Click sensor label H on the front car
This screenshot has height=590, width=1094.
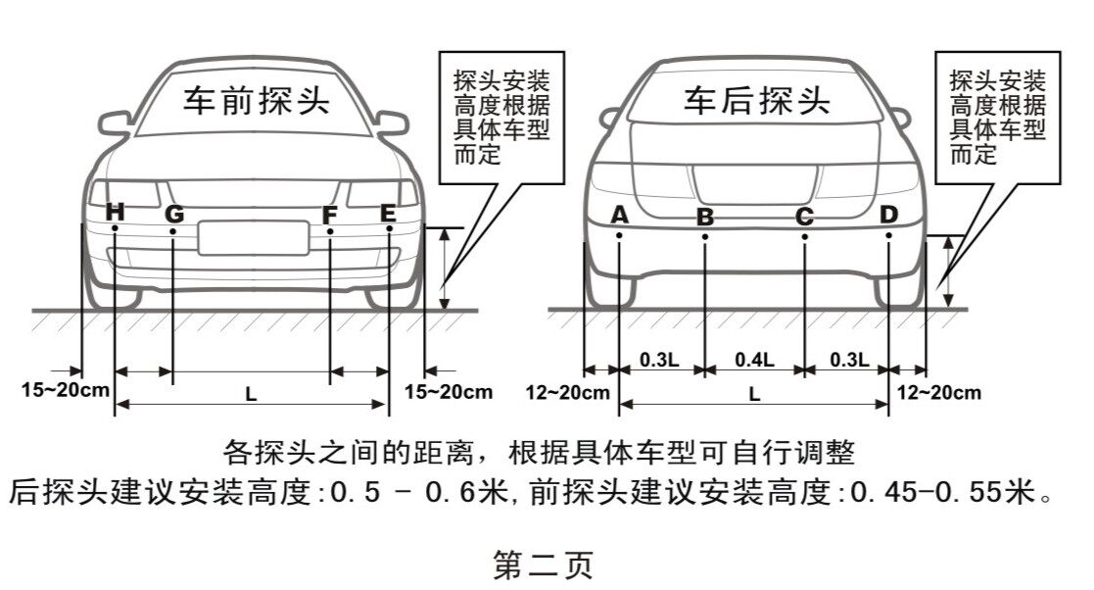116,211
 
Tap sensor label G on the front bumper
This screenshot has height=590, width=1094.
173,214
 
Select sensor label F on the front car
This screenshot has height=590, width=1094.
330,215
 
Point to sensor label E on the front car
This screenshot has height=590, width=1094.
389,213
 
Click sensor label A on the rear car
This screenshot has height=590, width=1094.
620,215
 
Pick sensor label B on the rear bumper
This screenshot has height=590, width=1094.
705,218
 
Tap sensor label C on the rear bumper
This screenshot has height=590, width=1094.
804,218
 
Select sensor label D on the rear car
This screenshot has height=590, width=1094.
888,215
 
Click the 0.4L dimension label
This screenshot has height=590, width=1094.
754,360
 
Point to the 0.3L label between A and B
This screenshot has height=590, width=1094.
659,360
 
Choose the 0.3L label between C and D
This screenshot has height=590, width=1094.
849,360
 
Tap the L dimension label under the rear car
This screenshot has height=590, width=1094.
754,395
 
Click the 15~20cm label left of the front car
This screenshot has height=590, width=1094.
65,390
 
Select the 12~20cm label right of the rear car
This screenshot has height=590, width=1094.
939,392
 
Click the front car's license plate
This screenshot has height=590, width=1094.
254,238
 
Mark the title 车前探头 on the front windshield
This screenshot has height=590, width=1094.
257,100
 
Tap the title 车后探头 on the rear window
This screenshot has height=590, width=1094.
757,100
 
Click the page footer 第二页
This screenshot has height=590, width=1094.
544,565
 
